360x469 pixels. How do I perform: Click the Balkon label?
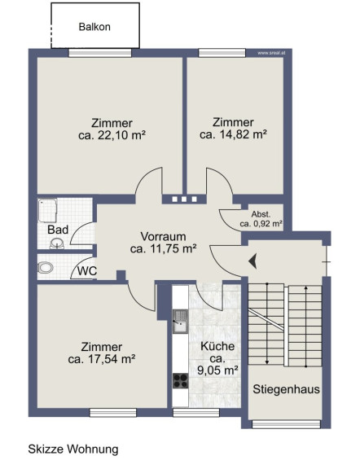94,27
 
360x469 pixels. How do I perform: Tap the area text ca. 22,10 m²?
112,135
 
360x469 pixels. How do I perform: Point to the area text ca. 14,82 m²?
233,134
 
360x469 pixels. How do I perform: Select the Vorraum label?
163,236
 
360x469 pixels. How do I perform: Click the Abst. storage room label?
261,214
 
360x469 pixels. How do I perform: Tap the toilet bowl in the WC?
45,267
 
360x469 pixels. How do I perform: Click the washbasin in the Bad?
56,243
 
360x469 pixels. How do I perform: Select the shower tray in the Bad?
47,211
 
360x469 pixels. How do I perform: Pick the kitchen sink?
180,322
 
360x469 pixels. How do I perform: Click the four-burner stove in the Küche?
181,381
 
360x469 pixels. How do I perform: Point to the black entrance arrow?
252,261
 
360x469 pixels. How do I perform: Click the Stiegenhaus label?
286,389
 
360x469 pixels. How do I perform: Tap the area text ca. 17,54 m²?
102,359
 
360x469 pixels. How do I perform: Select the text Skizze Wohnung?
73,449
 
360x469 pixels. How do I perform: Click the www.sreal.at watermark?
271,53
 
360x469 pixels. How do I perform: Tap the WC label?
87,271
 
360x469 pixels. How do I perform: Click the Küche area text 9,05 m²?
217,370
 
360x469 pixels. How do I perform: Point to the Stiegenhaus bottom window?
287,424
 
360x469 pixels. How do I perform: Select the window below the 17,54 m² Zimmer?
113,413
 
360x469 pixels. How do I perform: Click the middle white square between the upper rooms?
184,199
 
